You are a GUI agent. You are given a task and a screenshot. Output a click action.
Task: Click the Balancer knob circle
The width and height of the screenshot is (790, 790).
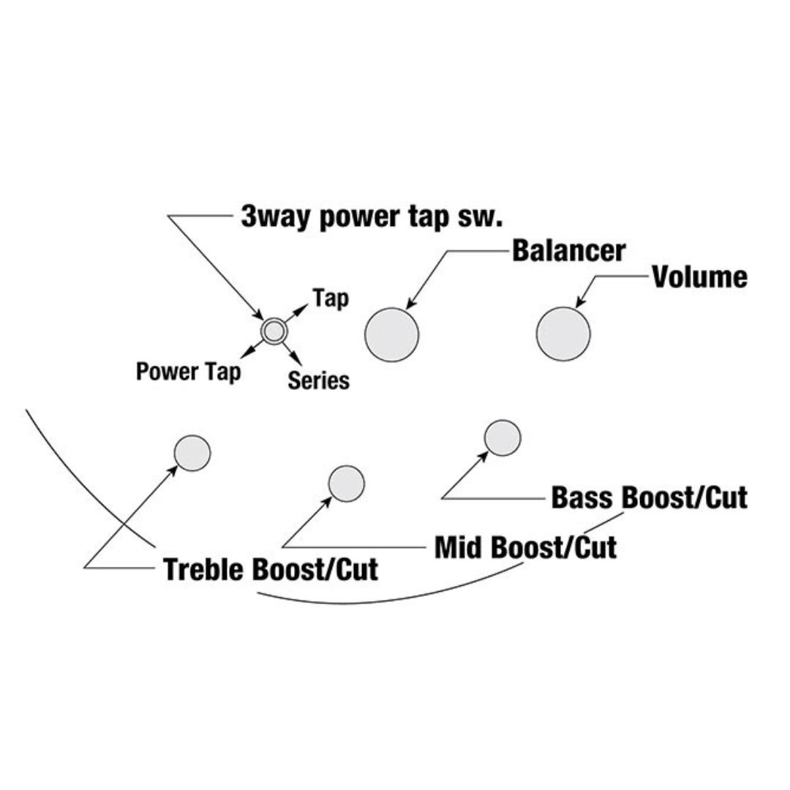click(391, 334)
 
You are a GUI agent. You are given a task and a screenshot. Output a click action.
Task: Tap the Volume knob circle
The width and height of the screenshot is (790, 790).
click(563, 334)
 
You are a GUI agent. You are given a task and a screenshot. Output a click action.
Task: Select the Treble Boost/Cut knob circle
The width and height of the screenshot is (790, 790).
click(192, 453)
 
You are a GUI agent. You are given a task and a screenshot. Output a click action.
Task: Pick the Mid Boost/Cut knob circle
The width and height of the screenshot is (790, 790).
click(346, 484)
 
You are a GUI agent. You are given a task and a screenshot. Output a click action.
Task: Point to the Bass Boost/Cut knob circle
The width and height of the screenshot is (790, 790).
click(503, 437)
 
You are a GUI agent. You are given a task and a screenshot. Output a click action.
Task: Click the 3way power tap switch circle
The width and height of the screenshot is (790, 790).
click(274, 331)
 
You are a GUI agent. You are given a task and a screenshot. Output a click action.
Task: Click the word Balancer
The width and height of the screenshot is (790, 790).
click(568, 250)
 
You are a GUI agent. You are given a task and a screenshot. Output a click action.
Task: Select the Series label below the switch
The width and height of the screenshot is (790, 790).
click(317, 380)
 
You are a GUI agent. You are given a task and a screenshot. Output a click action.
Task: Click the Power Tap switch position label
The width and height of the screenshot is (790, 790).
click(188, 372)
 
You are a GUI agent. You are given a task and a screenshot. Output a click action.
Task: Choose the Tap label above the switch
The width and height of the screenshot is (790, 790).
click(330, 298)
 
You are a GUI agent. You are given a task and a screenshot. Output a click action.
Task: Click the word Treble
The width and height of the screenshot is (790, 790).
click(204, 569)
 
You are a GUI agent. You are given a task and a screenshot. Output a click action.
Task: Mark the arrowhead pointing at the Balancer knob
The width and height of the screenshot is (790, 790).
click(410, 303)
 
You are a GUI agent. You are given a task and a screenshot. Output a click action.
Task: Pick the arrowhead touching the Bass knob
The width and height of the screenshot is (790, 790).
click(483, 455)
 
